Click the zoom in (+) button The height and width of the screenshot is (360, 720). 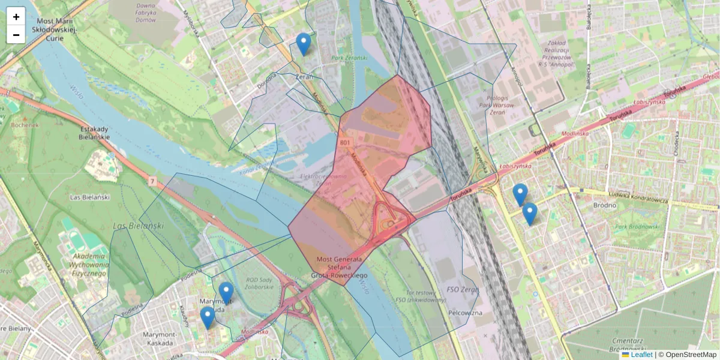[16, 17]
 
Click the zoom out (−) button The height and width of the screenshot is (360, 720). [16, 35]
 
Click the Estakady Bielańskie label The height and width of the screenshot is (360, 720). [94, 133]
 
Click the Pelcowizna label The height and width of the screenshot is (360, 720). [466, 313]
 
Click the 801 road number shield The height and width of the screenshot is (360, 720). [344, 142]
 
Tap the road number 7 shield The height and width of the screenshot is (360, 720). [152, 181]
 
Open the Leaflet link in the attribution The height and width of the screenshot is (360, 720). [641, 355]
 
